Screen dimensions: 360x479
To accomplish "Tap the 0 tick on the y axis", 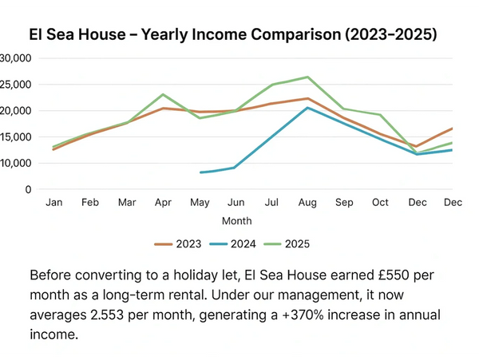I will coord(27,189).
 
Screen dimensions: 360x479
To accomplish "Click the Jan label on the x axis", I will coord(53,203).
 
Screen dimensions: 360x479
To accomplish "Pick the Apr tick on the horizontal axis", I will coord(163,203).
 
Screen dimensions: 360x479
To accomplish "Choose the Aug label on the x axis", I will coord(307,203).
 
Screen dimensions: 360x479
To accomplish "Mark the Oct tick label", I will coord(380,203).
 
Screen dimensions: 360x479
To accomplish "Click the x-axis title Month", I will coord(237,220).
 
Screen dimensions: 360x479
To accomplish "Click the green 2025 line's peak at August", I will coord(307,77).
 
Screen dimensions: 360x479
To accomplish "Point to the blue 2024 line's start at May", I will coord(200,172).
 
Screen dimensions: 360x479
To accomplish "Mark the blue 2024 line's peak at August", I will coord(307,108).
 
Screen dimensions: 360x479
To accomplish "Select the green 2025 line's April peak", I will coord(163,94).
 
